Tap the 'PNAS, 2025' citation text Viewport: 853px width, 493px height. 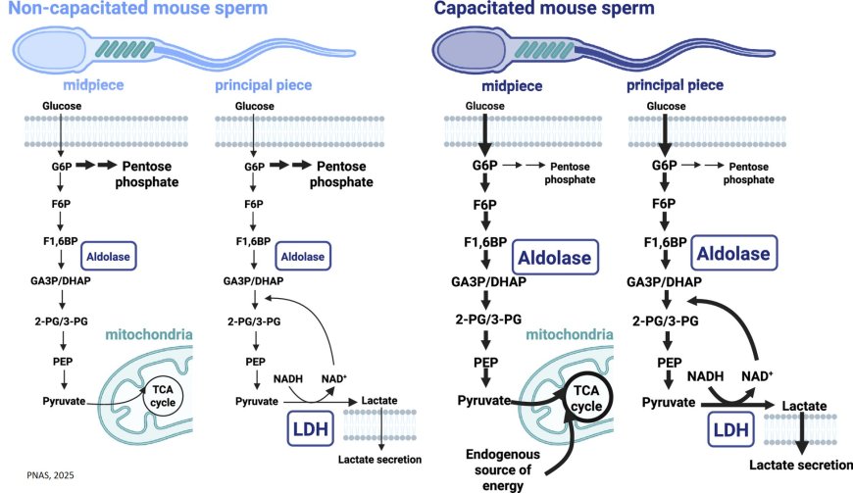pyautogui.click(x=45, y=474)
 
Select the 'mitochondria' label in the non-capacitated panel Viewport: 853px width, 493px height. pyautogui.click(x=149, y=335)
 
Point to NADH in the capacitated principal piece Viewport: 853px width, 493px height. pyautogui.click(x=706, y=376)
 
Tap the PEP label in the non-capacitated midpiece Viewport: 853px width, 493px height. pyautogui.click(x=61, y=361)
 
